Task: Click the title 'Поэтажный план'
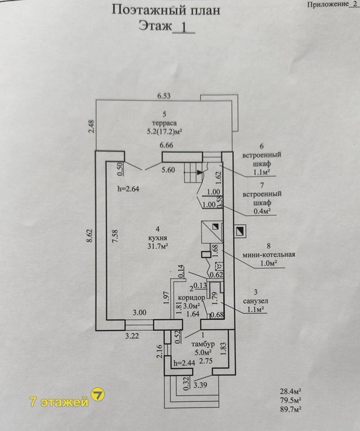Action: [166, 11]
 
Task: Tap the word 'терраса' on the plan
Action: [164, 123]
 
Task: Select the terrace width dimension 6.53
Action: [164, 96]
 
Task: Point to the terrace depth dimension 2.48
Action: [92, 126]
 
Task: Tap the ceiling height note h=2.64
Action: [128, 189]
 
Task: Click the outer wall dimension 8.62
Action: [91, 236]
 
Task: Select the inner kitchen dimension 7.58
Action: [115, 236]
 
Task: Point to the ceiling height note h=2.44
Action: [184, 363]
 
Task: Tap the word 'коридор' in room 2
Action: [192, 298]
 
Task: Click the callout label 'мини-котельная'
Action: [269, 255]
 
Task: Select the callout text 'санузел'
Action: [255, 301]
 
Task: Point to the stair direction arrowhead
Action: [200, 172]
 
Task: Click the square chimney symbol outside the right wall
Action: [240, 231]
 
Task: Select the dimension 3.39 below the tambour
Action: [201, 385]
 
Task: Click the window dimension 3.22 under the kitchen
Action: [132, 336]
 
